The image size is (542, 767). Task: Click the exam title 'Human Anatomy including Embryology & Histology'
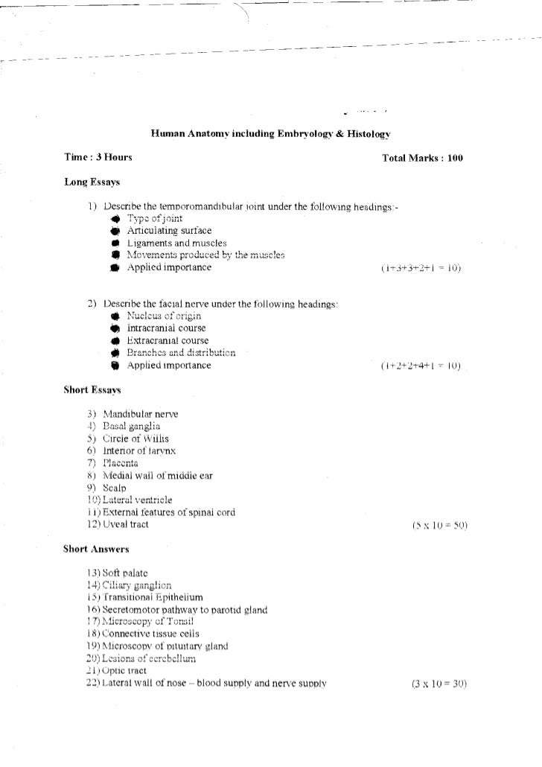click(x=271, y=134)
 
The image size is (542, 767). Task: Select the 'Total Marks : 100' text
click(x=422, y=159)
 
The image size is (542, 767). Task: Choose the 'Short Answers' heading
click(x=97, y=550)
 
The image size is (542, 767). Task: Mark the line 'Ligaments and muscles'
click(x=171, y=243)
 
